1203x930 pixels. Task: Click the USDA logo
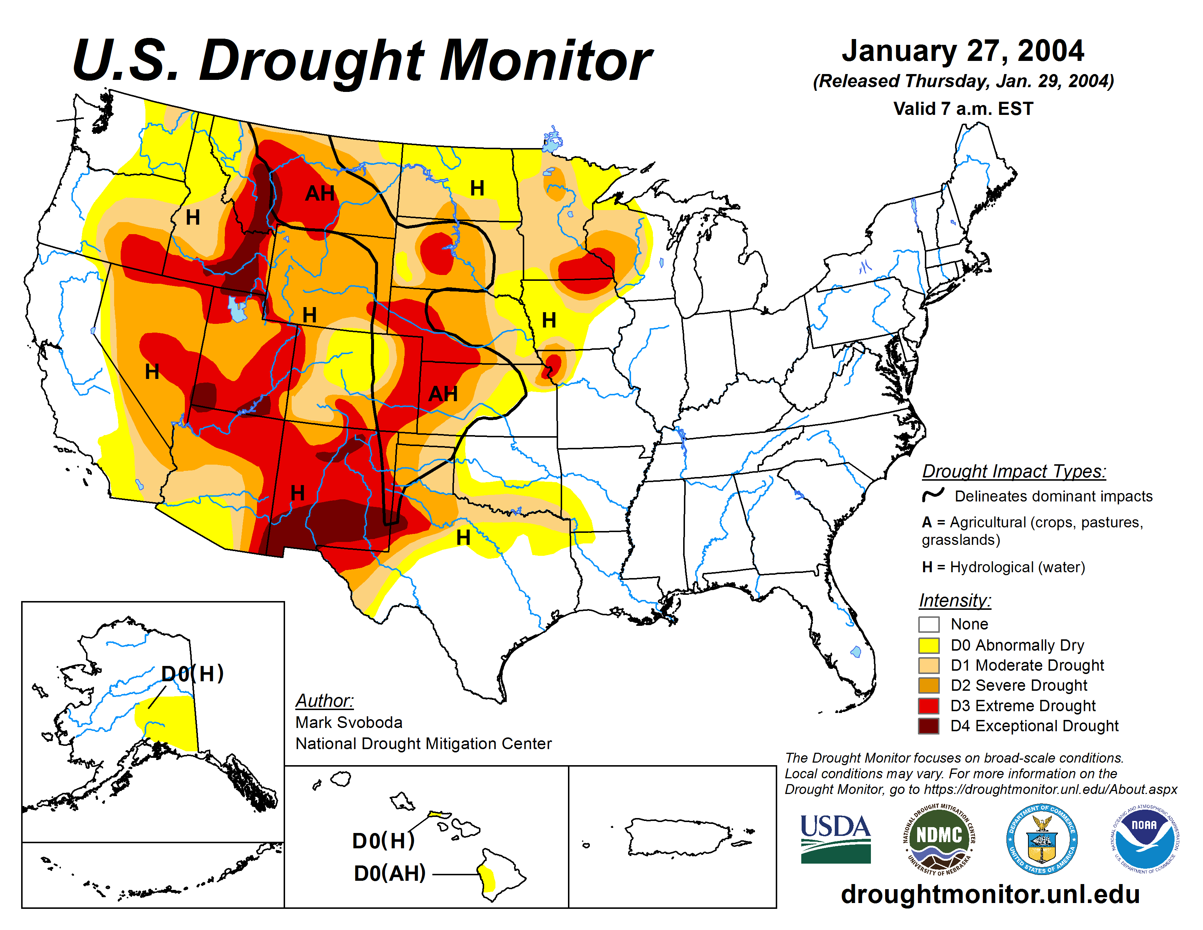point(835,838)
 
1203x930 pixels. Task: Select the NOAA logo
point(1144,838)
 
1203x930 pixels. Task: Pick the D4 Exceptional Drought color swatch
point(929,726)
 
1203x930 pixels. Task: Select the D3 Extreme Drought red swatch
point(929,706)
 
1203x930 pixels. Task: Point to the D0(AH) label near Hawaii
point(389,873)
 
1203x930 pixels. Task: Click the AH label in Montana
point(320,193)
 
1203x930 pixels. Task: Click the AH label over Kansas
point(443,394)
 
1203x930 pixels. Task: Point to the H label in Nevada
point(152,371)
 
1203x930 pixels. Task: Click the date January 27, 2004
point(963,51)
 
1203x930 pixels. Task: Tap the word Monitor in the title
point(545,61)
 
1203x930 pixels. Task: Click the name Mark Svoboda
point(349,722)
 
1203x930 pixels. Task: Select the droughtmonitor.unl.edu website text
point(990,894)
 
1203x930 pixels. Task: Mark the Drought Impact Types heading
point(1013,472)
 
